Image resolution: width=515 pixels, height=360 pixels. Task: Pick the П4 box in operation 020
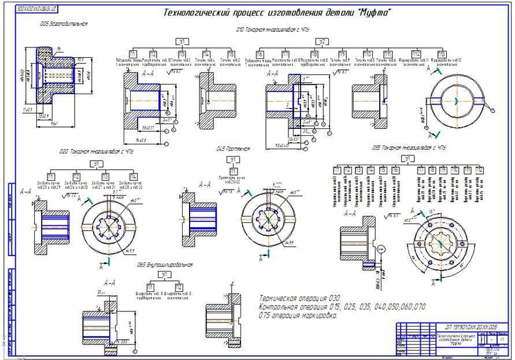tap(134, 177)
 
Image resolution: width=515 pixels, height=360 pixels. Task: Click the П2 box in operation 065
tap(179, 287)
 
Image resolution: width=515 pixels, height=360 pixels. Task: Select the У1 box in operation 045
tap(233, 160)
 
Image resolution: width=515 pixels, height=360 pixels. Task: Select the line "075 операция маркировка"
tap(298, 316)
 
